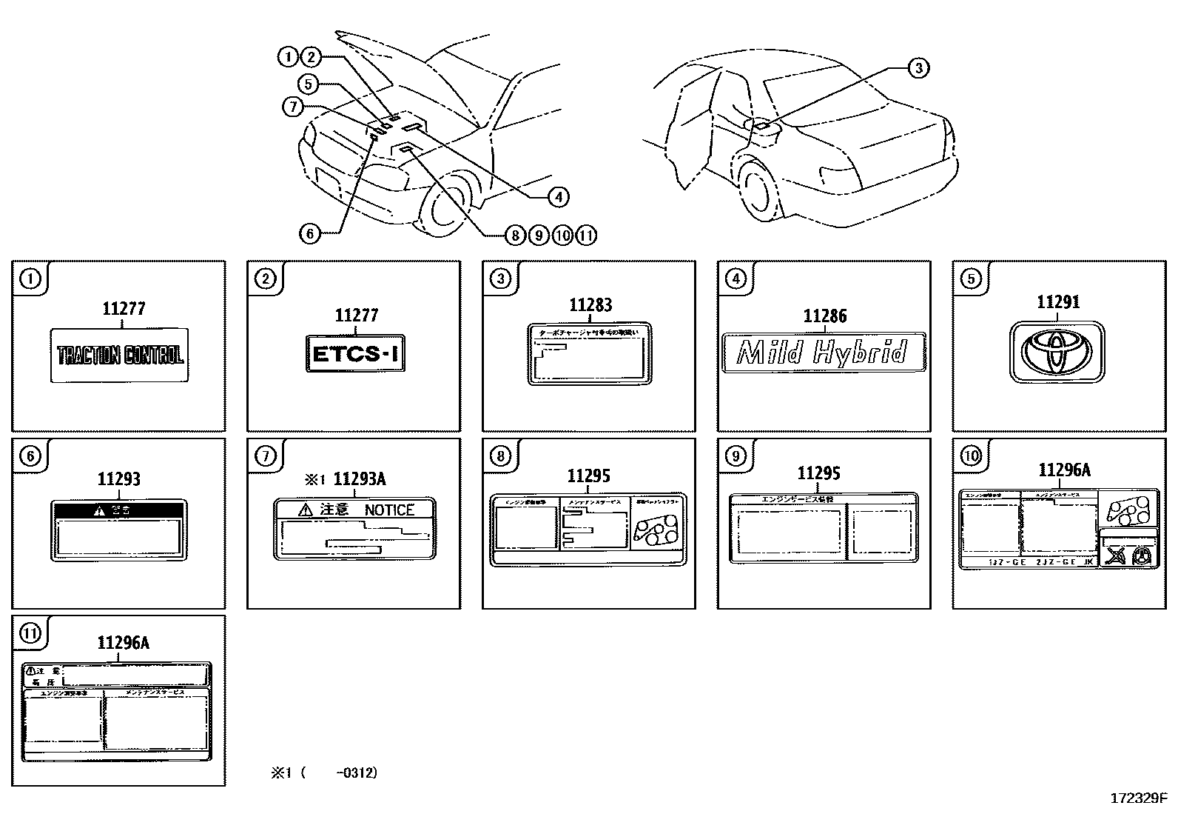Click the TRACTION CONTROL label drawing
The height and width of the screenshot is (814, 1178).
[119, 356]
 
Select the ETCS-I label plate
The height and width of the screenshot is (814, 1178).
[355, 353]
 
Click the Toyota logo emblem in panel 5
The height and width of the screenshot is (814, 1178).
[1057, 351]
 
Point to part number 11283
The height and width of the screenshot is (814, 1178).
[590, 304]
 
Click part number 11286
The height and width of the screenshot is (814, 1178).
[824, 316]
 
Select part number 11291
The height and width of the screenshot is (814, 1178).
[1057, 302]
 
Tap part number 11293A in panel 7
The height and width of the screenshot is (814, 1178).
[360, 479]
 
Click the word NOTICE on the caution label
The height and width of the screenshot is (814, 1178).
[389, 510]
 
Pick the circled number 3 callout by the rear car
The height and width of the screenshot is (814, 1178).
[918, 68]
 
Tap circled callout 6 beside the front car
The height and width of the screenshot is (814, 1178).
[309, 233]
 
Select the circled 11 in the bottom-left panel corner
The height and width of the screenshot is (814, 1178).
[30, 634]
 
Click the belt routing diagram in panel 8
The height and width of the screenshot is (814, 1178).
[656, 531]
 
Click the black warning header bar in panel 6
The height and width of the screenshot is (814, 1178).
[118, 510]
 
